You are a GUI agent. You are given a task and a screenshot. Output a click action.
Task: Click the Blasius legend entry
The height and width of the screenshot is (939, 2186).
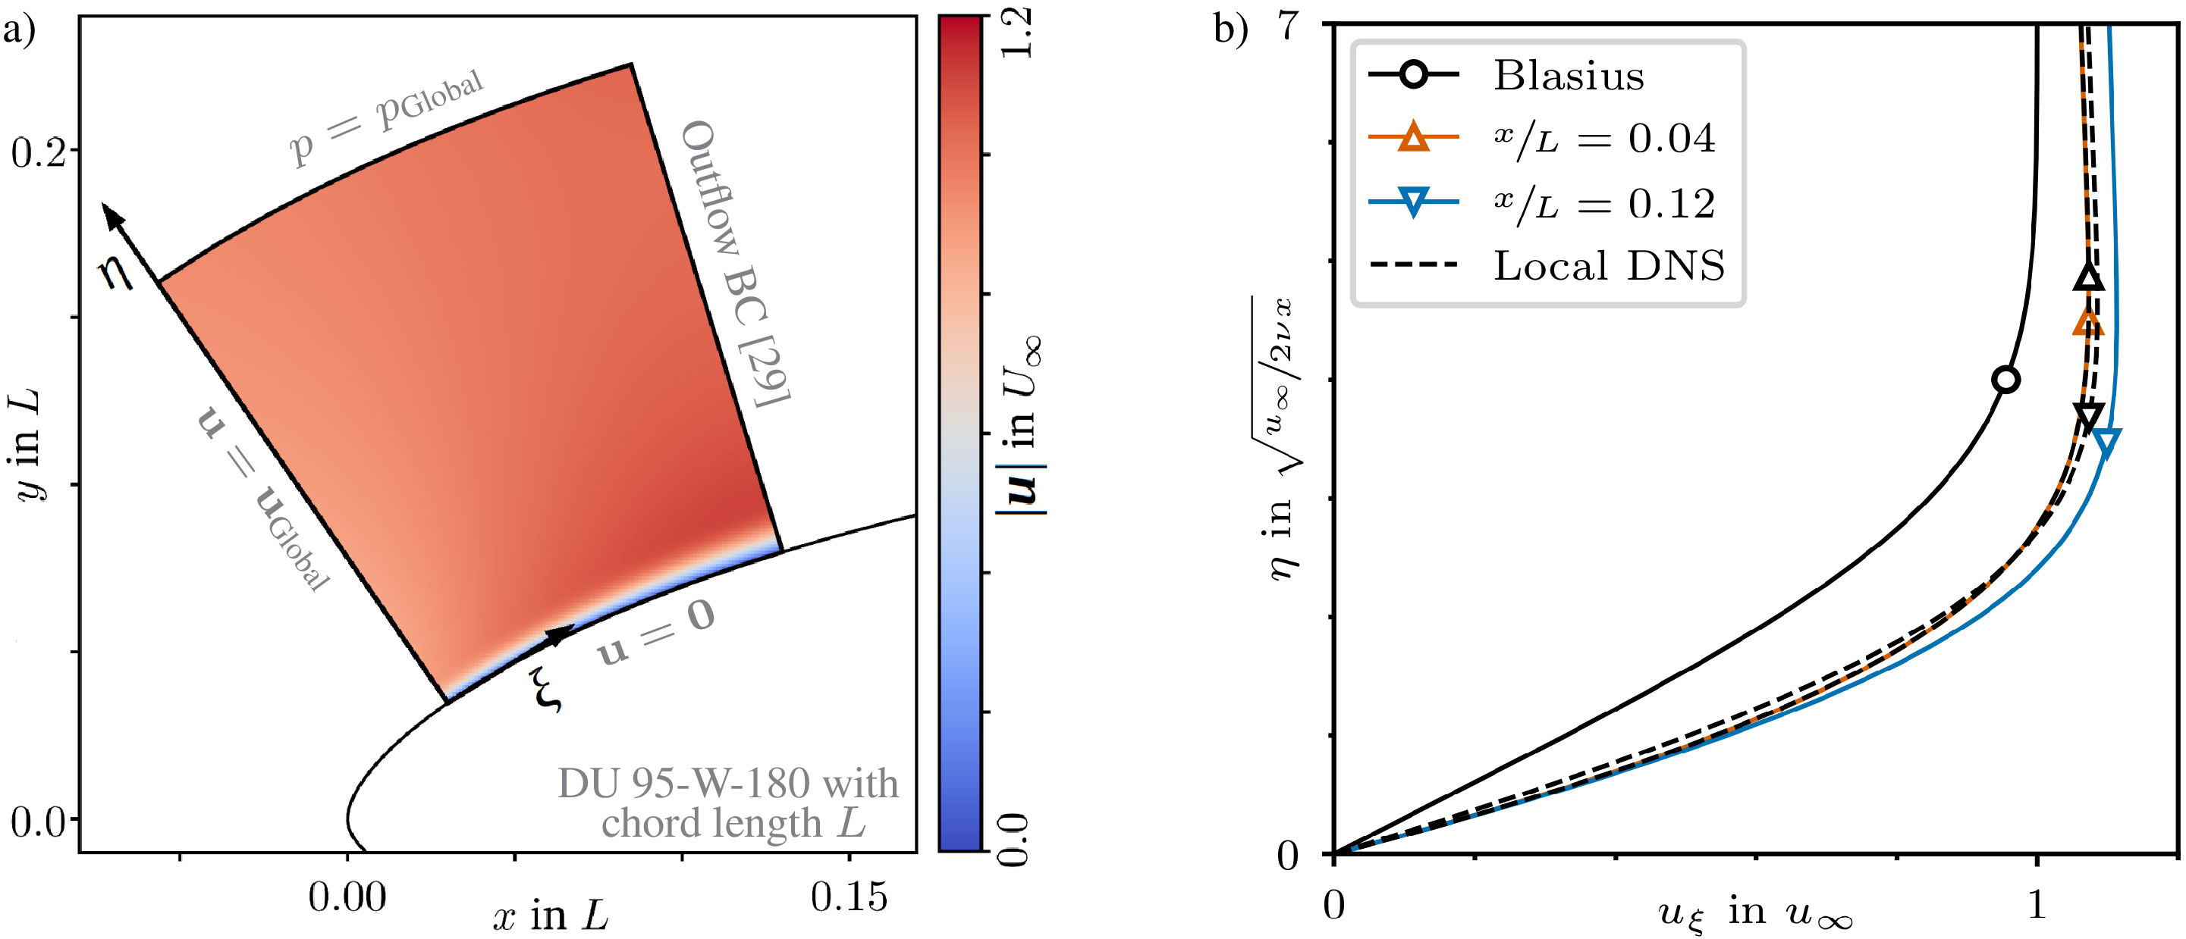click(1569, 76)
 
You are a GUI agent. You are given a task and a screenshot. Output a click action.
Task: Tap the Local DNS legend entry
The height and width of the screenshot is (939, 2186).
click(1609, 265)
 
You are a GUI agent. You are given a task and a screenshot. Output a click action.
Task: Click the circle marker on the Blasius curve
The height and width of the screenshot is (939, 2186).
click(2005, 380)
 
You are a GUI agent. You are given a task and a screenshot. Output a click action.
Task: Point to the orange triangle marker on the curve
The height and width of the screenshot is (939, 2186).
click(2087, 321)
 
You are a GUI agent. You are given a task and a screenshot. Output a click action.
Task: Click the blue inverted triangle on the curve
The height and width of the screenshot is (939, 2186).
click(2106, 441)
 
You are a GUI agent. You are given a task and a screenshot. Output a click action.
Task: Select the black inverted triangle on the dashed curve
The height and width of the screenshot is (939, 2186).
click(2088, 417)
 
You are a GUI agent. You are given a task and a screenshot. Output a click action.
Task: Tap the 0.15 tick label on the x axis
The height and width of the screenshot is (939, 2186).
click(849, 897)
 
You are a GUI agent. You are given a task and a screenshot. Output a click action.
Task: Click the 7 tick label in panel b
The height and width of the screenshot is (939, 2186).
click(1288, 26)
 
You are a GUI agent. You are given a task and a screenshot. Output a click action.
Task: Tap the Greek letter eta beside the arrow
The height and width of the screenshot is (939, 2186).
click(116, 271)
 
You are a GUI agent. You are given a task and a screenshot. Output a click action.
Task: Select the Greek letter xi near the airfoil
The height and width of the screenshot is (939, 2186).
click(545, 689)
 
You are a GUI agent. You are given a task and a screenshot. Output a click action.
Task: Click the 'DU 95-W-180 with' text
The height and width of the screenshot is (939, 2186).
click(727, 783)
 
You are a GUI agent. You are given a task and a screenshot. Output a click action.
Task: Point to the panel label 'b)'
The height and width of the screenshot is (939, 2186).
click(1230, 29)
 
